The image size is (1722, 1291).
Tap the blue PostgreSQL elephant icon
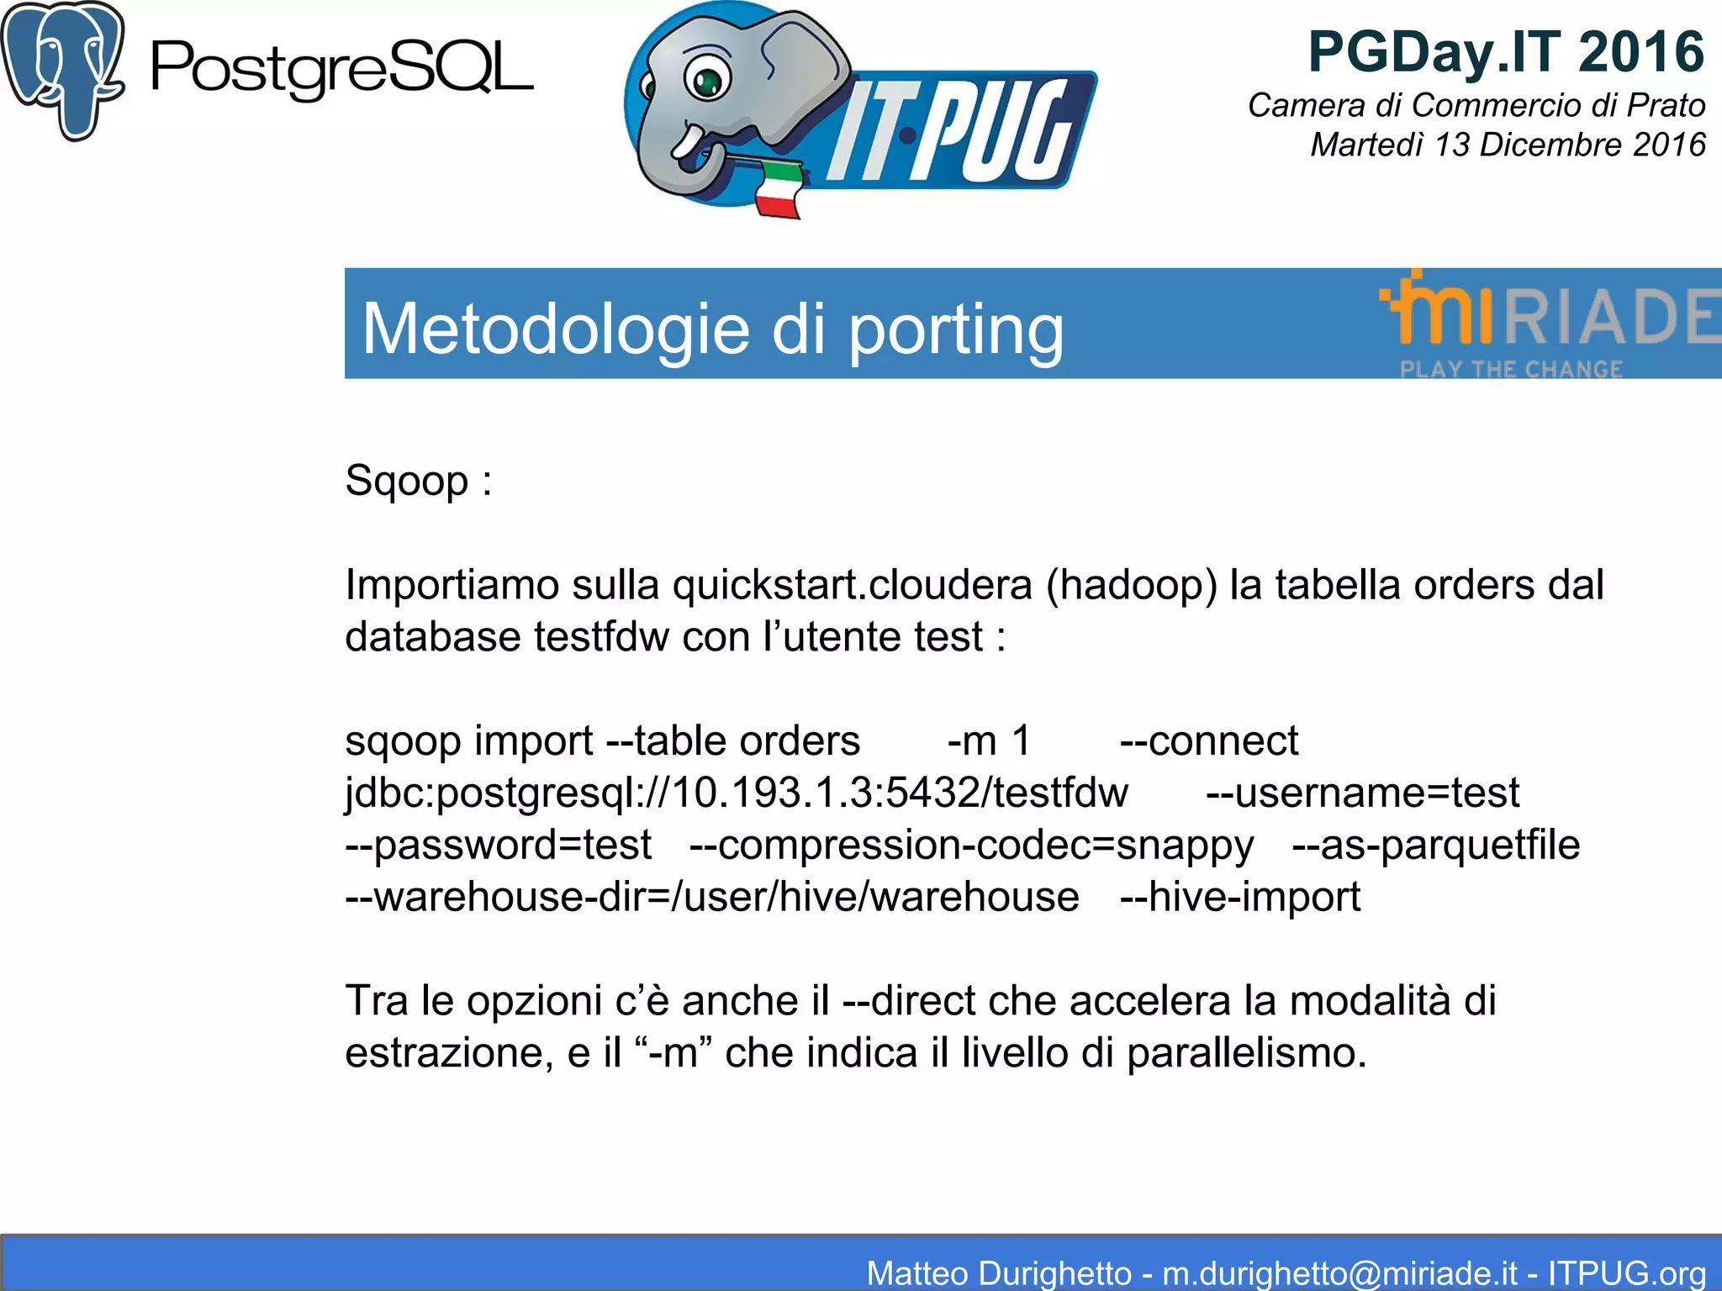(63, 69)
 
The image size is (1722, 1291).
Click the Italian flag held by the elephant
(778, 192)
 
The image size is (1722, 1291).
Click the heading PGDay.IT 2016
(1506, 52)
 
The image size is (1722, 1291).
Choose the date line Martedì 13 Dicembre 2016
(1508, 145)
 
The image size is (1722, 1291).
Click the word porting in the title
(956, 329)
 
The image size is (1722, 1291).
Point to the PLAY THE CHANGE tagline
(1511, 369)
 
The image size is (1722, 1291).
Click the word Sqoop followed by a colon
(418, 482)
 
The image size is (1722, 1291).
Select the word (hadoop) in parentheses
(1132, 585)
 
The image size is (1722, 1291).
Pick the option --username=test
(1362, 793)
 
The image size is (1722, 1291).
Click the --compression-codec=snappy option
(971, 845)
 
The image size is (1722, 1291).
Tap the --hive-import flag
(1240, 897)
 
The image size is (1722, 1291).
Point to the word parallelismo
(1246, 1053)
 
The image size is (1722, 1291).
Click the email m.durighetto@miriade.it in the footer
(1339, 1273)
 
